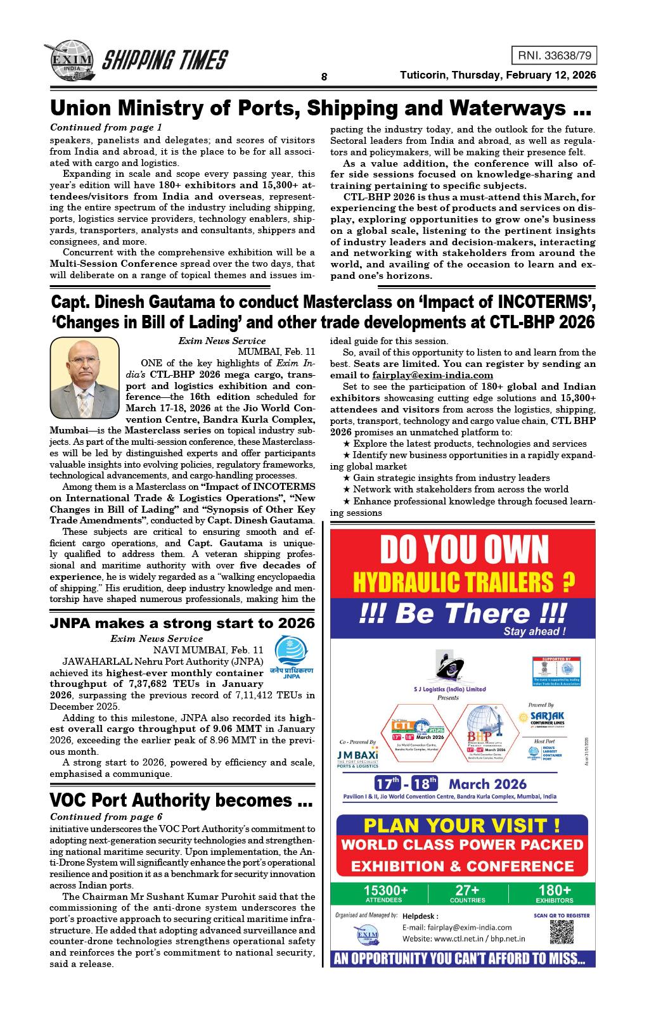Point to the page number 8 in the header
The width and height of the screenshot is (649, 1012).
pos(324,77)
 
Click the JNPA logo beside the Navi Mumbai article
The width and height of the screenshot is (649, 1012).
pos(290,658)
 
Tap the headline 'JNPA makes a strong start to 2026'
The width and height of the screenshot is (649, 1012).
pos(182,623)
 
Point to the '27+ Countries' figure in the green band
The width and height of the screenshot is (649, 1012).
pos(467,894)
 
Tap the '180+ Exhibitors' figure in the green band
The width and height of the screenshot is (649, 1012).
pos(554,894)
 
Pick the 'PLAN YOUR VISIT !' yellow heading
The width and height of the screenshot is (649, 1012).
pos(462,826)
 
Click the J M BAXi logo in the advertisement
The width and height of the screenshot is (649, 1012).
pos(358,759)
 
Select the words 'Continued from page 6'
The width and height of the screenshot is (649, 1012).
pos(106,816)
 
